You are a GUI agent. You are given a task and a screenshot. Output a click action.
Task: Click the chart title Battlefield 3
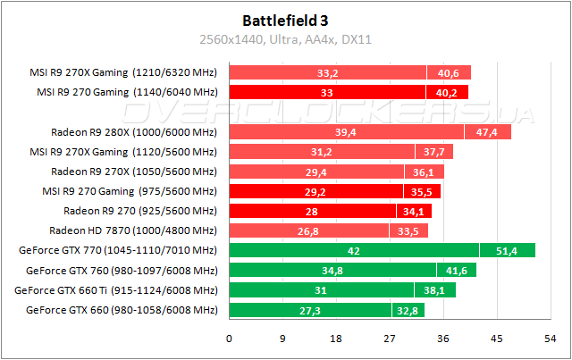[285, 20]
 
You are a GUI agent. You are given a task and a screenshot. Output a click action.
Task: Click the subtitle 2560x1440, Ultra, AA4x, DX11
[285, 39]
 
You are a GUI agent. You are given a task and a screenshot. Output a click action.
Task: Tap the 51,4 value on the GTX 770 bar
[507, 251]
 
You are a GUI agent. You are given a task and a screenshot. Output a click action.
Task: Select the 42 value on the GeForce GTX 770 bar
[354, 251]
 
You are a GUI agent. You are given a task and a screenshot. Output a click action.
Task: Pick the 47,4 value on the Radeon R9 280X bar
[487, 132]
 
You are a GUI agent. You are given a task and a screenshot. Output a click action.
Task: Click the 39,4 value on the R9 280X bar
[346, 132]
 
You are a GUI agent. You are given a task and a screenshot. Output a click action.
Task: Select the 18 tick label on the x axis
[335, 339]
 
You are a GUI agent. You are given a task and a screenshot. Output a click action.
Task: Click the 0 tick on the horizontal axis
[230, 339]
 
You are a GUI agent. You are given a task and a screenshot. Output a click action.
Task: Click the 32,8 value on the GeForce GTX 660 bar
[408, 310]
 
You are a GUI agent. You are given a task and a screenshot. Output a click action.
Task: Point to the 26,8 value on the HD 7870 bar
[308, 230]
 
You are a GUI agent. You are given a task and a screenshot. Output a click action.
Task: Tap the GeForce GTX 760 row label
[122, 271]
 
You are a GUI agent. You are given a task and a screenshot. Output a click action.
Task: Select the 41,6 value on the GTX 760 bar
[456, 271]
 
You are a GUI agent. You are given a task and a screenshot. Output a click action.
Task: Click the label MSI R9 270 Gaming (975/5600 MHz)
[129, 191]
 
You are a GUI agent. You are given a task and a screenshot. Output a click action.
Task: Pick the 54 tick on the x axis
[548, 339]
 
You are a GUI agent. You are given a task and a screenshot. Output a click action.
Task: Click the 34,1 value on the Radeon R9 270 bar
[414, 211]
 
